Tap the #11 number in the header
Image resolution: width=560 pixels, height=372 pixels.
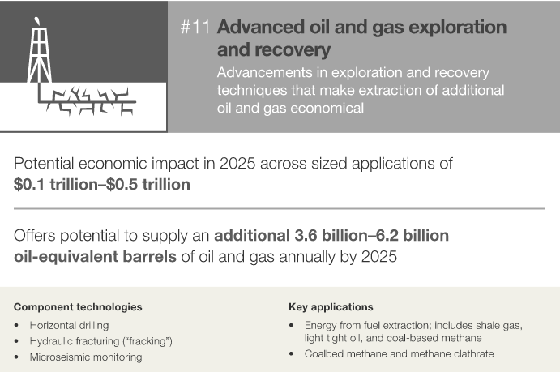[195, 27]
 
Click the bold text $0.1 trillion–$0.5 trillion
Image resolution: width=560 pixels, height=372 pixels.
[102, 185]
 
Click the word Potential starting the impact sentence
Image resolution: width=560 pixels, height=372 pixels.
[44, 164]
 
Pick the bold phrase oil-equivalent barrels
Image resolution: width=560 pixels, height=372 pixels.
[95, 257]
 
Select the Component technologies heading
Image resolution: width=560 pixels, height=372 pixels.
[78, 307]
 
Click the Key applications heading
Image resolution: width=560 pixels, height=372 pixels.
[331, 307]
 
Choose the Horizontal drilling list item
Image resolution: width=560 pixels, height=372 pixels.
[69, 325]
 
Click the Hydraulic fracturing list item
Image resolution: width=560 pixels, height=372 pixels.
[101, 341]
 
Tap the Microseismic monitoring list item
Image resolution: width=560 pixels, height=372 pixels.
[86, 357]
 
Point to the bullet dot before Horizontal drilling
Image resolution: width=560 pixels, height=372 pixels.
[16, 325]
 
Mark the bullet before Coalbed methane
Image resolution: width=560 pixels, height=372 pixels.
[292, 354]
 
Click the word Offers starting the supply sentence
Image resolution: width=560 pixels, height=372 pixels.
[35, 236]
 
